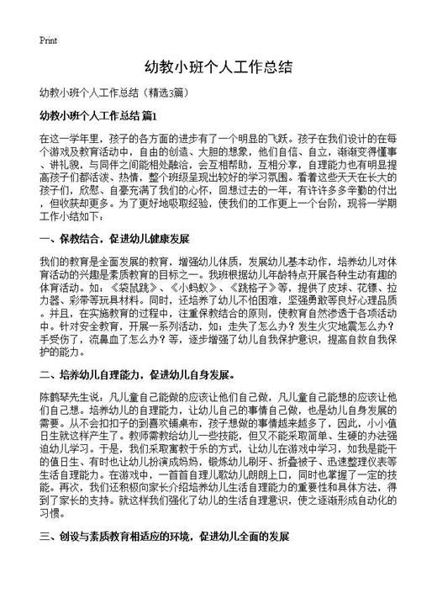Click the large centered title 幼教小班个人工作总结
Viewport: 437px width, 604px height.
[218, 67]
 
